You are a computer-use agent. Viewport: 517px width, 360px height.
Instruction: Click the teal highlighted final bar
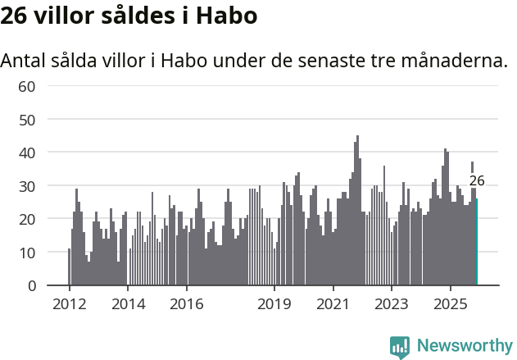[477, 242]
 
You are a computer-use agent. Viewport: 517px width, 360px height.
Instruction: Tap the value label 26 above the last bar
[477, 181]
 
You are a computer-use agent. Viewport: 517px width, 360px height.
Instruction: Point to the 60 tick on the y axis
[27, 86]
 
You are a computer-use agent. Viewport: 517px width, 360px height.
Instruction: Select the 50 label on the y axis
[27, 120]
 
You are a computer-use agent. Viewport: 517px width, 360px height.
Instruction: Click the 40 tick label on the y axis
[27, 153]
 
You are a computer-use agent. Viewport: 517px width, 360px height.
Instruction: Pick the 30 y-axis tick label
[27, 186]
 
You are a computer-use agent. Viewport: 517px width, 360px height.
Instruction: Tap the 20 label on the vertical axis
[27, 219]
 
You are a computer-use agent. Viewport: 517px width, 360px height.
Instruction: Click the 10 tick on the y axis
[27, 253]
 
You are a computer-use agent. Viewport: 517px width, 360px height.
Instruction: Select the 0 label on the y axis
[31, 285]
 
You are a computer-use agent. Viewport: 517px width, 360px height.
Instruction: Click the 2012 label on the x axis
[69, 305]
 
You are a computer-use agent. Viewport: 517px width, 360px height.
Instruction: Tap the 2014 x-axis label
[127, 305]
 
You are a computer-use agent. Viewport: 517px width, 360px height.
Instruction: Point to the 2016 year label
[186, 305]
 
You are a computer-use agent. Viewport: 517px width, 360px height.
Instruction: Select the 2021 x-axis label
[333, 305]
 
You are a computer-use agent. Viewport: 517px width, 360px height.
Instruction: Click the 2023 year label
[392, 305]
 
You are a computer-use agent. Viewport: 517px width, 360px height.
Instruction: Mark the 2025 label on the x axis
[450, 305]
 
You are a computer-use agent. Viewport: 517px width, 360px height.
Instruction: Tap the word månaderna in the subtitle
[447, 61]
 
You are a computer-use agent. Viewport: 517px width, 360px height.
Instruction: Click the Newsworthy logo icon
[400, 347]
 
